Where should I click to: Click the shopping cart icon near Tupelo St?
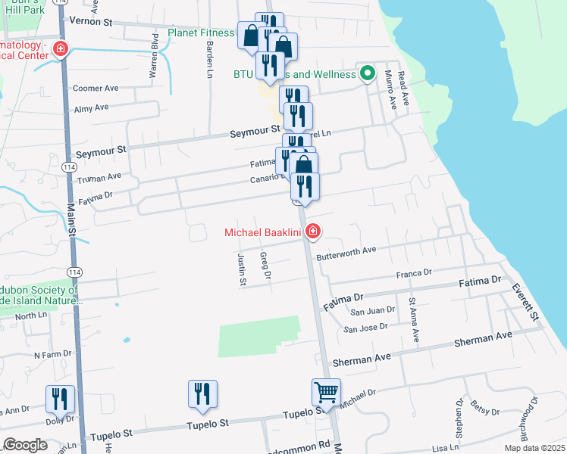click(x=326, y=393)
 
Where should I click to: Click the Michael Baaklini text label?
click(x=263, y=232)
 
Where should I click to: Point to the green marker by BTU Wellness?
click(x=368, y=74)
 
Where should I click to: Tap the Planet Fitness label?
click(x=201, y=33)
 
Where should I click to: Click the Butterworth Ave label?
click(x=346, y=250)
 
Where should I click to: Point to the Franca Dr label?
click(x=414, y=272)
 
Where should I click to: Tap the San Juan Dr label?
click(x=371, y=309)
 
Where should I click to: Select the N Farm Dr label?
click(x=52, y=353)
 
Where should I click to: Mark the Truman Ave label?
click(x=99, y=176)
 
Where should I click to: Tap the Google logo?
click(x=26, y=444)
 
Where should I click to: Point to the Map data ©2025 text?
click(x=534, y=448)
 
